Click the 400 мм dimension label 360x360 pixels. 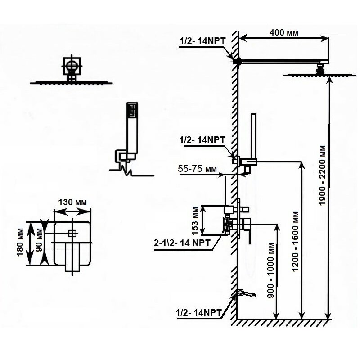(x=283, y=32)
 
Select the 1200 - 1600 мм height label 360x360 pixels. (x=295, y=238)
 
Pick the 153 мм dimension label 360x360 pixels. (x=195, y=220)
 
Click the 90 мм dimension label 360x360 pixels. (x=40, y=242)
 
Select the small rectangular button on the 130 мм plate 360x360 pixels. (x=72, y=233)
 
